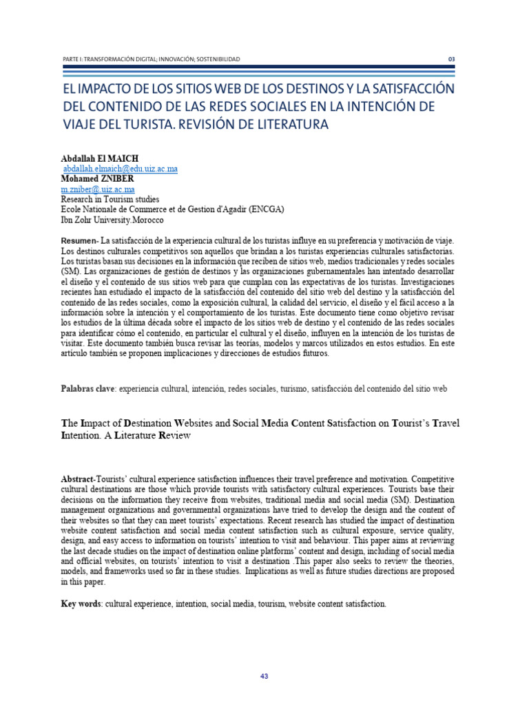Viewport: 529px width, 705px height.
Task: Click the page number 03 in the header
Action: coord(452,59)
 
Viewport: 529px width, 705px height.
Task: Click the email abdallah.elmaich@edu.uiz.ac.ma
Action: coord(121,169)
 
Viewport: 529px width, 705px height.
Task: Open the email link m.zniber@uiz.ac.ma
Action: coord(98,189)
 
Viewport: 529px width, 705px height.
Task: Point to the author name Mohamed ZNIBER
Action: coord(98,179)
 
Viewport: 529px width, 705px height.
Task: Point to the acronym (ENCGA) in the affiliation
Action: coord(265,210)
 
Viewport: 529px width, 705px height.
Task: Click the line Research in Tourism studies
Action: coord(110,200)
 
